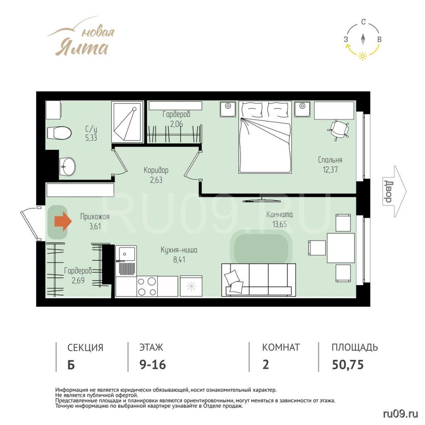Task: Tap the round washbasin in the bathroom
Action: tap(68, 166)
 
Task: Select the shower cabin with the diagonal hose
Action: tap(127, 122)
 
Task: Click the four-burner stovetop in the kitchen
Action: tap(147, 286)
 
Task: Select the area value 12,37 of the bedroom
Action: tap(330, 170)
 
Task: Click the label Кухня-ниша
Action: tap(179, 249)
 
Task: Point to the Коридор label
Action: tap(156, 170)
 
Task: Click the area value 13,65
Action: tap(279, 224)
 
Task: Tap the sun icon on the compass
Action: tap(363, 56)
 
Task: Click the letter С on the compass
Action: tap(364, 22)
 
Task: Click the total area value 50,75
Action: tap(347, 364)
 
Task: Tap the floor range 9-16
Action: tap(153, 364)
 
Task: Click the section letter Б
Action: tap(71, 365)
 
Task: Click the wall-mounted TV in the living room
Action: tap(262, 200)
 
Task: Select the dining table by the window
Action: tap(341, 248)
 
